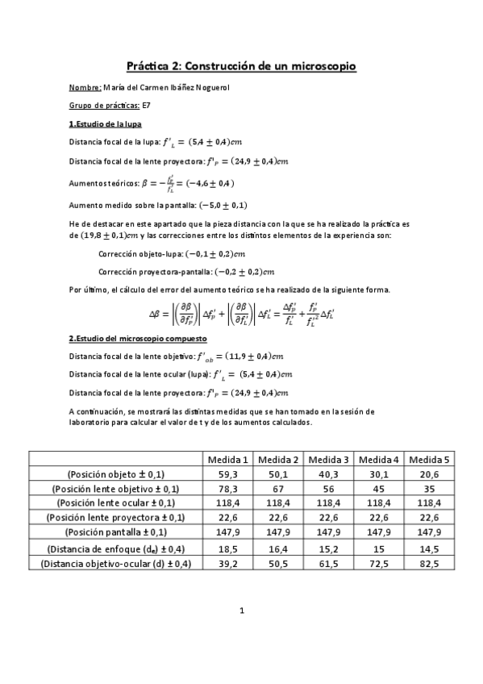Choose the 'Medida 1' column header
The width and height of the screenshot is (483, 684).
(x=227, y=459)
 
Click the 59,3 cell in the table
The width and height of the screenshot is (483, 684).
(x=227, y=474)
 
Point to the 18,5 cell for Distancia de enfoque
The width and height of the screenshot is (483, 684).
(x=227, y=548)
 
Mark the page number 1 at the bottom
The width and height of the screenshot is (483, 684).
(x=241, y=633)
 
